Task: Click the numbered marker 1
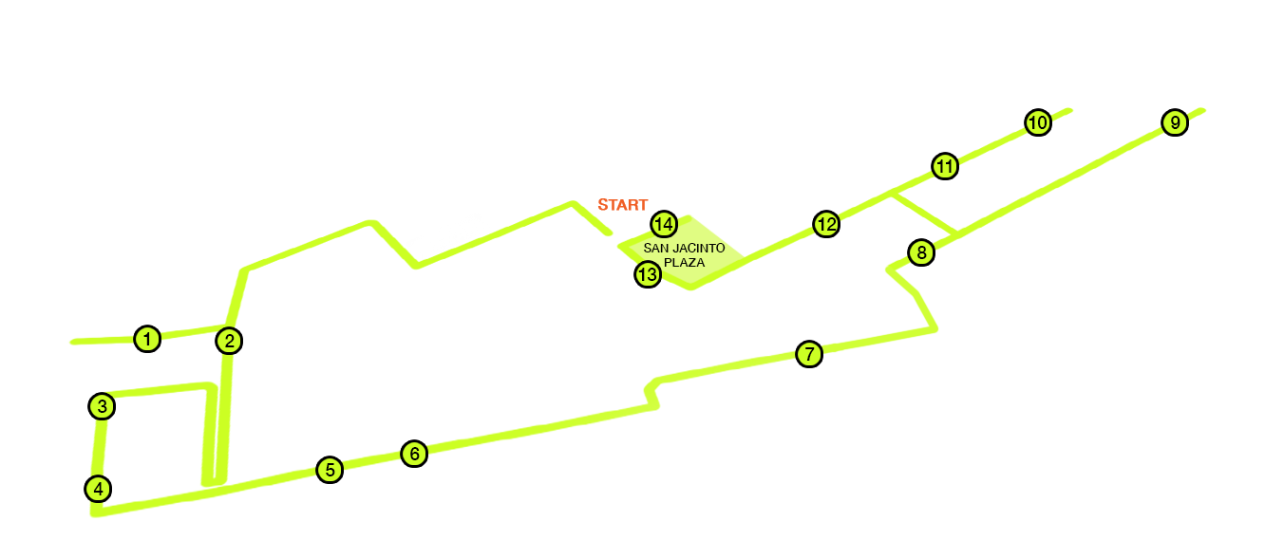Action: coord(147,339)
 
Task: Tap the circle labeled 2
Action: coord(229,342)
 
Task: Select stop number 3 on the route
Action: coord(102,406)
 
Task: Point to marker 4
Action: coord(98,489)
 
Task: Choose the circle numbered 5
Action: coord(330,470)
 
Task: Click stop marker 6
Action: coord(414,455)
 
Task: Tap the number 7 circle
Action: coord(809,354)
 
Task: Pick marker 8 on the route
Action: coord(922,252)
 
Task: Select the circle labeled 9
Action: coord(1175,122)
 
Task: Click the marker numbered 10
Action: coord(1038,122)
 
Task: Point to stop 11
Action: coord(945,167)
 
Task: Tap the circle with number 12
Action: coord(826,225)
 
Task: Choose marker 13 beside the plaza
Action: coord(648,275)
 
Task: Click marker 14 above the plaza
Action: coord(665,224)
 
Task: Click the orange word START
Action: coord(622,205)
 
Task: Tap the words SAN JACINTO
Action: coord(684,248)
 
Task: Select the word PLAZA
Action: coord(684,262)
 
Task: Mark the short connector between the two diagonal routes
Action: coord(924,214)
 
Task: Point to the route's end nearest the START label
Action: coord(609,233)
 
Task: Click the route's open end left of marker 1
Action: coord(73,342)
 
